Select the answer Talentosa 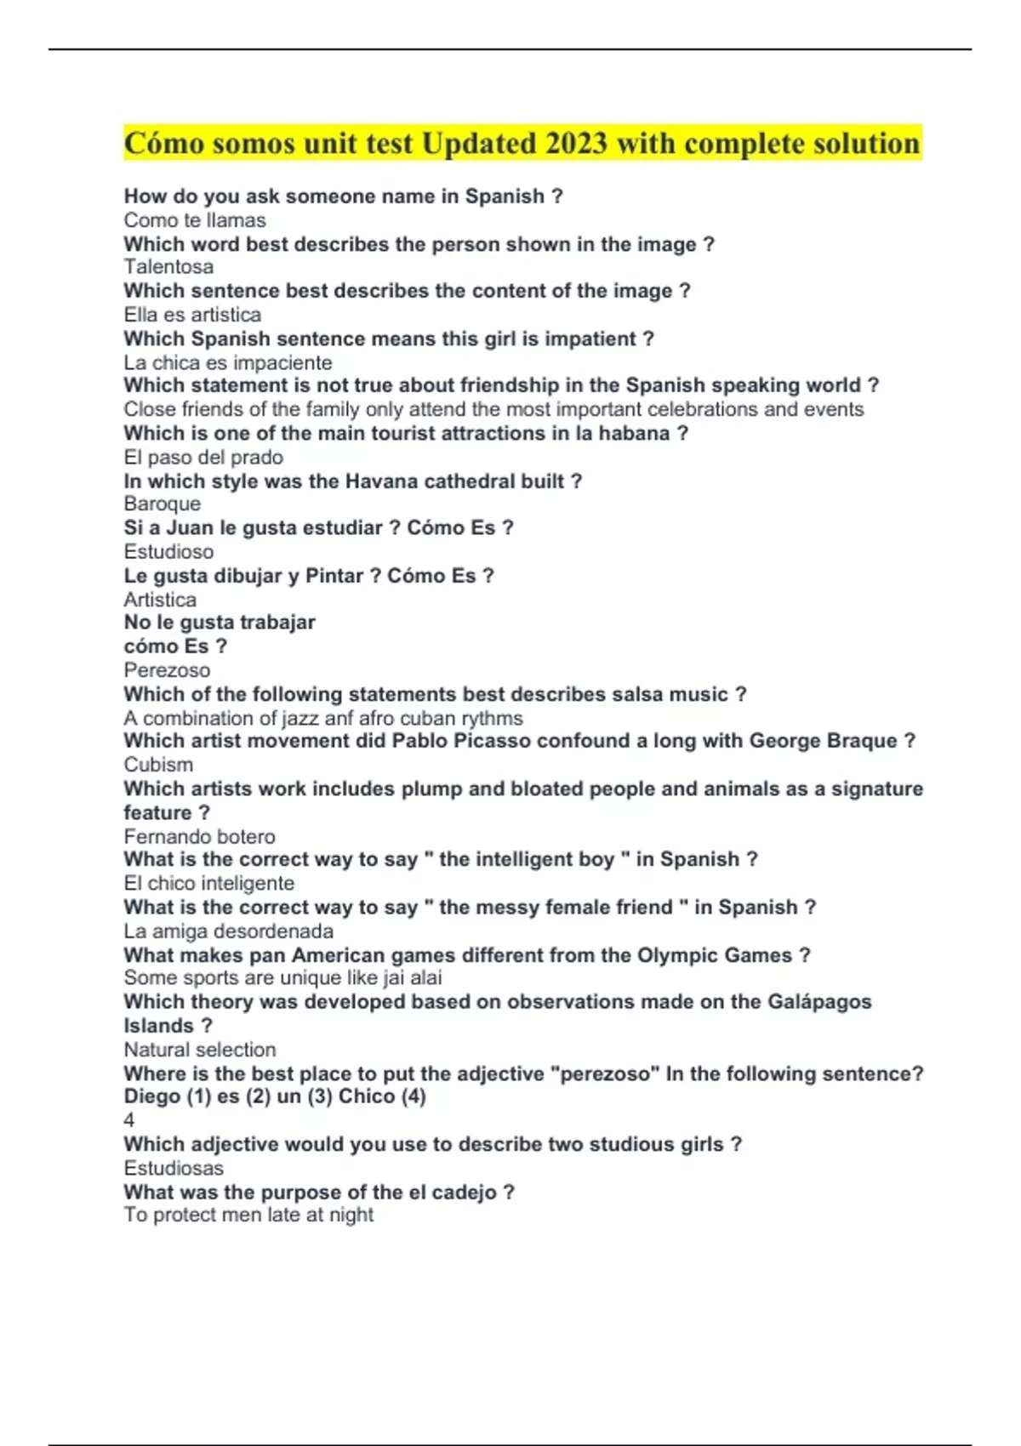coord(168,267)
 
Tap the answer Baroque coord(163,504)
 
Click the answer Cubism coord(158,765)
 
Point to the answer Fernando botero coord(199,836)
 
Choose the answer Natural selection coord(200,1050)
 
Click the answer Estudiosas coord(174,1168)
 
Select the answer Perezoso coord(167,670)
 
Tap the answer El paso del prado coord(203,457)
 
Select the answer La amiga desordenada coord(228,931)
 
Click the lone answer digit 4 coord(129,1120)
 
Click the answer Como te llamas coord(195,220)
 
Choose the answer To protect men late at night coord(248,1215)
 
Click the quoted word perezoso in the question coord(605,1073)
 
